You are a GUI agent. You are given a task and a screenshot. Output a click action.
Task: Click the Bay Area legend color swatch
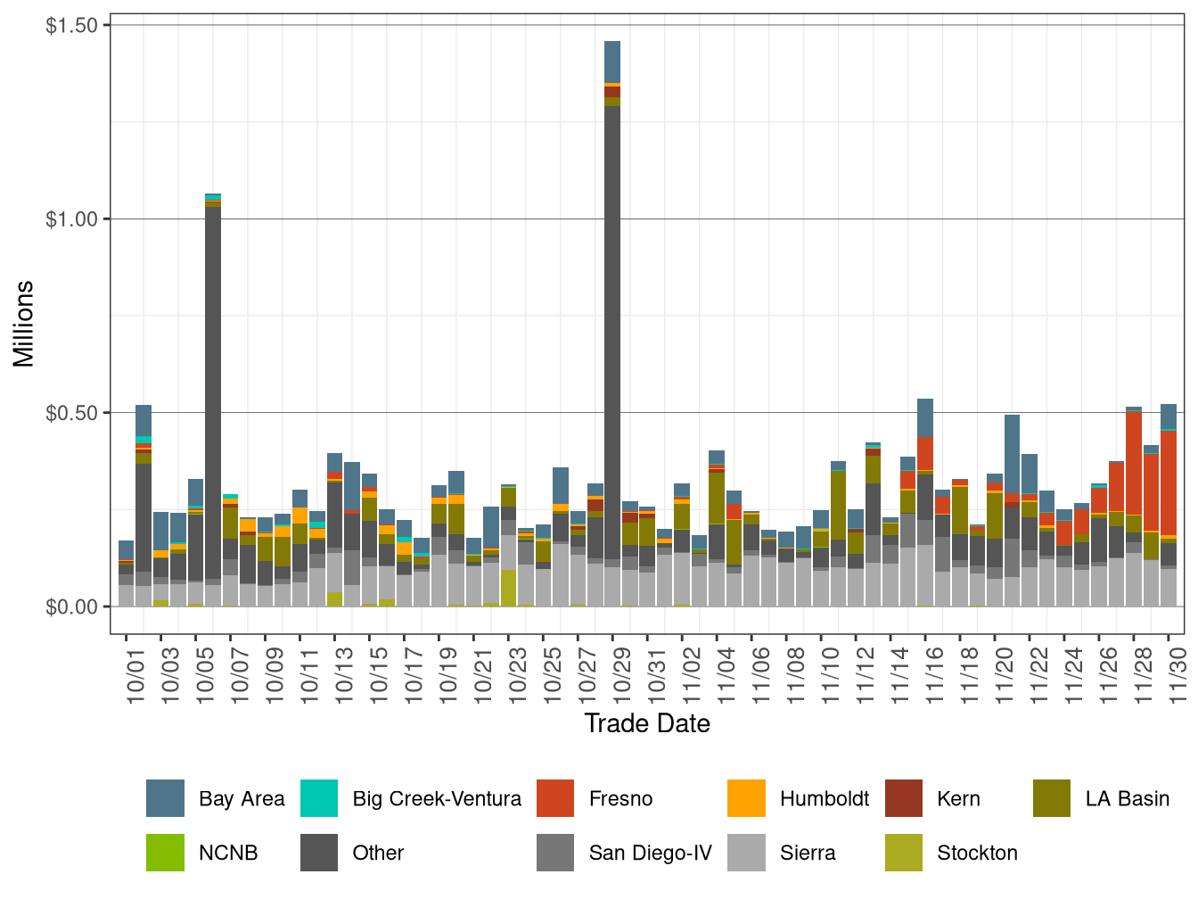[165, 798]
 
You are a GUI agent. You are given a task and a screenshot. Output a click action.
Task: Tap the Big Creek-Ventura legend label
[437, 798]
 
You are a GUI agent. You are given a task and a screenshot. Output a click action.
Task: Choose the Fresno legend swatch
[555, 798]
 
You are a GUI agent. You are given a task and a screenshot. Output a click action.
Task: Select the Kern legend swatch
[904, 798]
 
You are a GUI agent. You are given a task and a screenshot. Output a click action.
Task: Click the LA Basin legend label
[1127, 798]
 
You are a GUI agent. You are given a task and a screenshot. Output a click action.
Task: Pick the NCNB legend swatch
[165, 853]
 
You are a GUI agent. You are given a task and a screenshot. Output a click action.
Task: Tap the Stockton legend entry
[977, 853]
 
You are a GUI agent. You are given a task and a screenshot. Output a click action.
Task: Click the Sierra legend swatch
[746, 853]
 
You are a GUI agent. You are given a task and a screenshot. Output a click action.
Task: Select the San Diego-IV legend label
[650, 853]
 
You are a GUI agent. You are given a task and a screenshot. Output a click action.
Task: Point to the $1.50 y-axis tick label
[71, 25]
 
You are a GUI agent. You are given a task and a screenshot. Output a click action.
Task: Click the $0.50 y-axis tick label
[71, 413]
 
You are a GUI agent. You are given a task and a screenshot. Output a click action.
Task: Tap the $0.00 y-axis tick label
[71, 606]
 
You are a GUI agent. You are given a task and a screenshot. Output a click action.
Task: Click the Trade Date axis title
[647, 723]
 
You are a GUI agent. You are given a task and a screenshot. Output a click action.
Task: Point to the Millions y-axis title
[23, 324]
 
